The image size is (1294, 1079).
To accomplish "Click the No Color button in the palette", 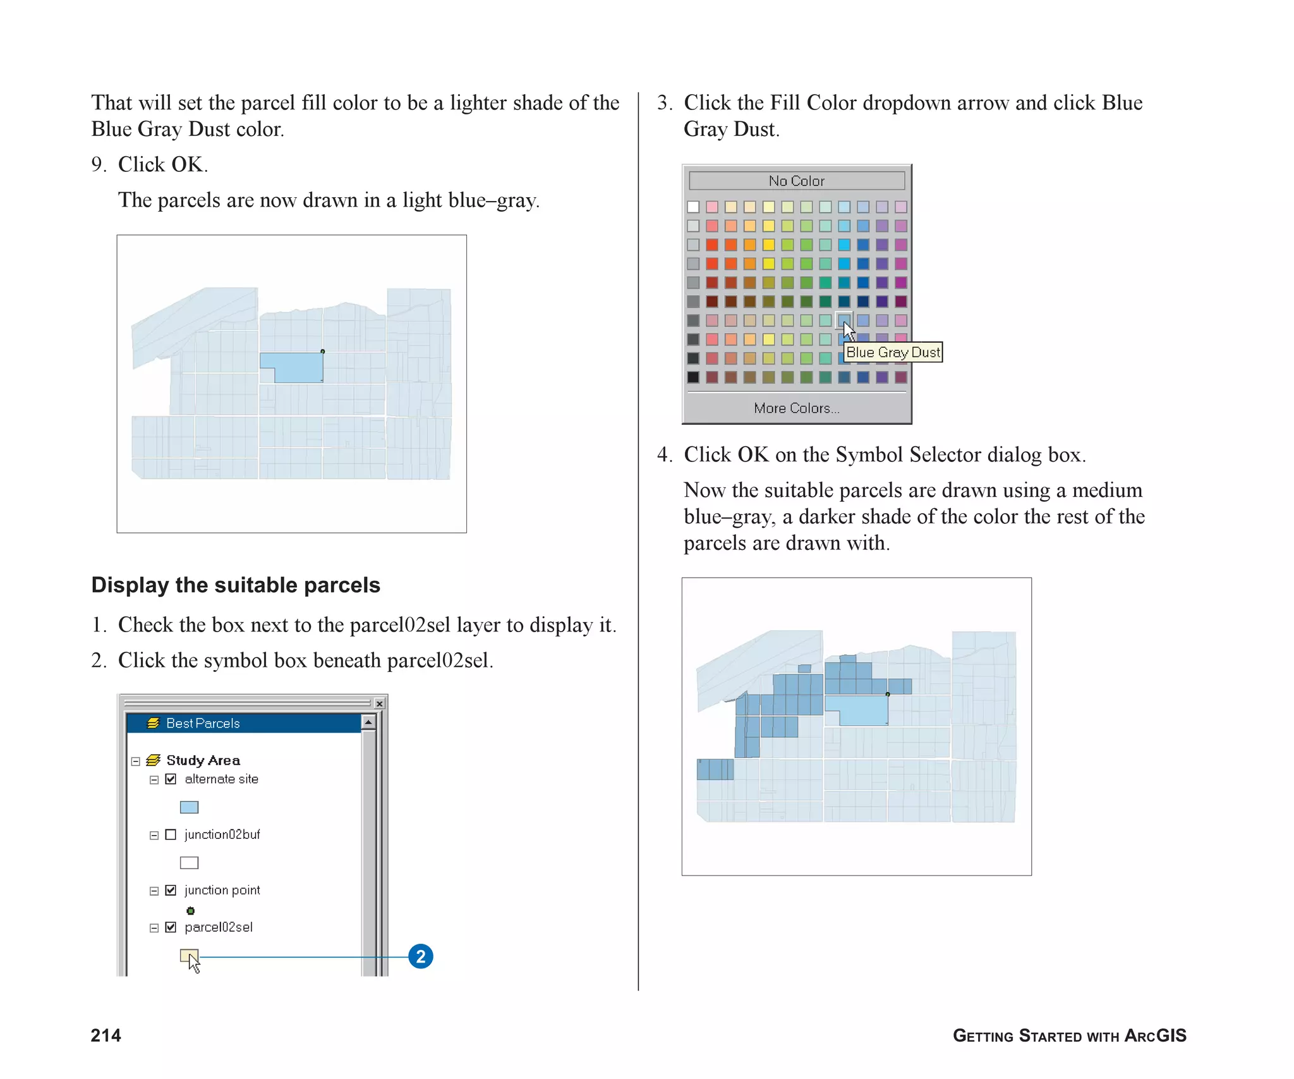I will pos(796,181).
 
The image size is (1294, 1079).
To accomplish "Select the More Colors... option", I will pos(796,408).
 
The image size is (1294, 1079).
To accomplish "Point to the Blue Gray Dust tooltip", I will pos(892,352).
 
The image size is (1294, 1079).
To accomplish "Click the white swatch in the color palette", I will pos(693,207).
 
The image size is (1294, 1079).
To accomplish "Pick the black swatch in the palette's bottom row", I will pos(693,377).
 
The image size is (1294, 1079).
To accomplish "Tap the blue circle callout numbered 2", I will pos(421,956).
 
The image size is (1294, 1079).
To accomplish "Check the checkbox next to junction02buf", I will pos(171,834).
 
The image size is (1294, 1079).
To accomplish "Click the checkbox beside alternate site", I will pos(171,779).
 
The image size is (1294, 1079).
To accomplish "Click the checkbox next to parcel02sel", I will pos(171,927).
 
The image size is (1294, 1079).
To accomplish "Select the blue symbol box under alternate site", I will pos(189,807).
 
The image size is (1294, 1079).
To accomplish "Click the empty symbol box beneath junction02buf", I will pos(189,863).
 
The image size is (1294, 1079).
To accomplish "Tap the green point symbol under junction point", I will pos(190,911).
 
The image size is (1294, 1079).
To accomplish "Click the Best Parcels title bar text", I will pos(203,723).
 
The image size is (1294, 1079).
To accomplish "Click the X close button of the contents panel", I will pos(379,704).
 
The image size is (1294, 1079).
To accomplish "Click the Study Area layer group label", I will pos(203,760).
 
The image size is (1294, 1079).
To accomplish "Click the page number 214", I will pos(106,1035).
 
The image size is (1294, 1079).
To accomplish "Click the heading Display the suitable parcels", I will pos(236,585).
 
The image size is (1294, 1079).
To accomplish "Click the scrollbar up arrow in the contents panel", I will pos(368,722).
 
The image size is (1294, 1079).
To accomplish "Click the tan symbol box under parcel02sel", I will pos(188,955).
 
